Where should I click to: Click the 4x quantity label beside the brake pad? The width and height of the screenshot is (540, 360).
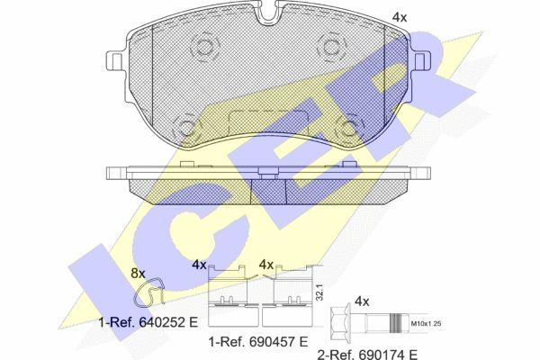pos(400,17)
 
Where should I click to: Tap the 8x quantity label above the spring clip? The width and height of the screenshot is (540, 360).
pos(138,274)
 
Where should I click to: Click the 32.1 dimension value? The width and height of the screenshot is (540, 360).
pos(319,292)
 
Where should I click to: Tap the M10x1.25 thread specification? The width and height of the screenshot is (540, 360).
pos(427,323)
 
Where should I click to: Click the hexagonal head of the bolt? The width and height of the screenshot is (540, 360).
pos(339,323)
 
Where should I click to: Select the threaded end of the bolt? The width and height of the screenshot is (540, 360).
pos(399,323)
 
